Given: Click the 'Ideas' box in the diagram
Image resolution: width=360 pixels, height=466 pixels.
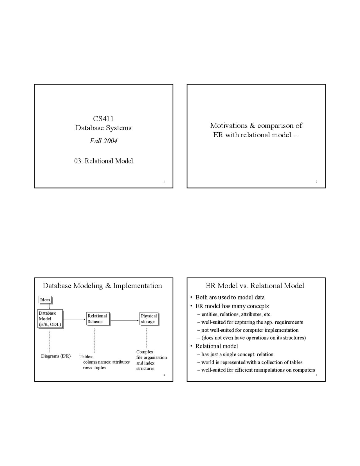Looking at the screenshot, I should pyautogui.click(x=45, y=300).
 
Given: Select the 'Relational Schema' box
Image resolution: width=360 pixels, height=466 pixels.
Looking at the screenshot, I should pyautogui.click(x=97, y=319).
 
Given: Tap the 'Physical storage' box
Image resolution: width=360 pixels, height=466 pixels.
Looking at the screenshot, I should pyautogui.click(x=149, y=319).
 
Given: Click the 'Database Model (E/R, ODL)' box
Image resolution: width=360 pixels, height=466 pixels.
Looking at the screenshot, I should pyautogui.click(x=50, y=319).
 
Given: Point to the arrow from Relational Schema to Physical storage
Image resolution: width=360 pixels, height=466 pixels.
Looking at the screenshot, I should pyautogui.click(x=125, y=320).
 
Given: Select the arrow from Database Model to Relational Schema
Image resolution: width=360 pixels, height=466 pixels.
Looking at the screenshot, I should pyautogui.click(x=74, y=319).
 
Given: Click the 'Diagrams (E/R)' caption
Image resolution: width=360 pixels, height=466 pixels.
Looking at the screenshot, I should pyautogui.click(x=56, y=356).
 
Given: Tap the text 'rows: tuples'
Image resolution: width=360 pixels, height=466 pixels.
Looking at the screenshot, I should pyautogui.click(x=94, y=368).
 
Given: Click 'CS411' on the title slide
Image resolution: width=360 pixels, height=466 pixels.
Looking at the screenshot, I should pyautogui.click(x=103, y=119).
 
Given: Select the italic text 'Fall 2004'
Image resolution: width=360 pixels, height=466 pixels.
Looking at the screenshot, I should pyautogui.click(x=103, y=141).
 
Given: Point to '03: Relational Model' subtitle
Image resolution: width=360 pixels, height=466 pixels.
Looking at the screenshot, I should pyautogui.click(x=103, y=161).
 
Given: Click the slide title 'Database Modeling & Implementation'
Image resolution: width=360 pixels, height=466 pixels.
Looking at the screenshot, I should pyautogui.click(x=102, y=286).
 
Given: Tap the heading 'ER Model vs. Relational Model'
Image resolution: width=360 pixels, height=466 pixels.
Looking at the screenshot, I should pyautogui.click(x=255, y=286).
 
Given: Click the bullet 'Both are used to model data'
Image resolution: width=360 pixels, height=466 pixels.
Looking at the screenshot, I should pyautogui.click(x=230, y=297).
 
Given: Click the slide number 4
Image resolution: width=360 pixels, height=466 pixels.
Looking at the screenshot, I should pyautogui.click(x=317, y=375).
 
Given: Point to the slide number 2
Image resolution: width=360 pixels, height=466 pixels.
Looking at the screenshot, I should pyautogui.click(x=317, y=182).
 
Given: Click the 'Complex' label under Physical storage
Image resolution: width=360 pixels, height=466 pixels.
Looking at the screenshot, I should pyautogui.click(x=145, y=352).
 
